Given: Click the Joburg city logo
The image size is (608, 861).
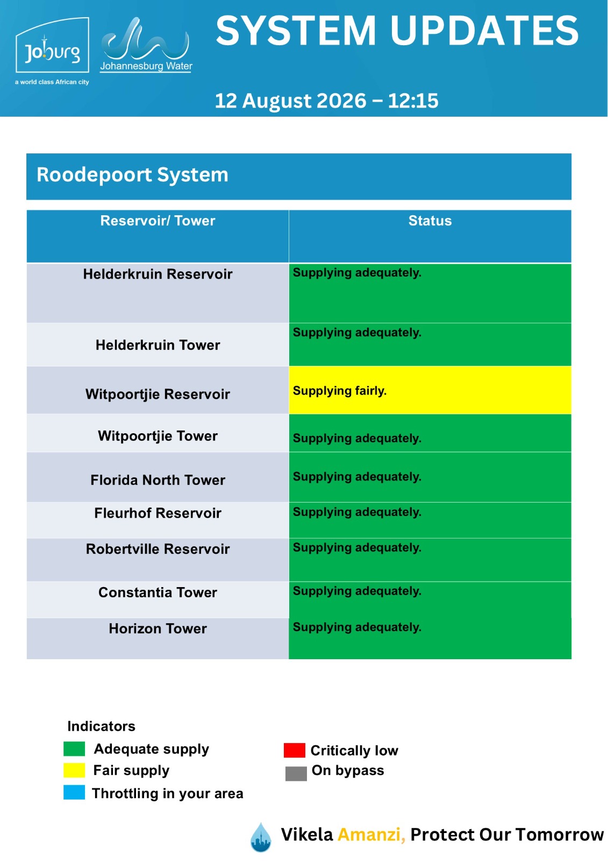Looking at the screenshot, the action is [52, 51].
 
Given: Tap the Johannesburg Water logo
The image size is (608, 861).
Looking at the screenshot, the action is [146, 45].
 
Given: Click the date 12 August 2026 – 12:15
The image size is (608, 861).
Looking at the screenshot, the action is [326, 101].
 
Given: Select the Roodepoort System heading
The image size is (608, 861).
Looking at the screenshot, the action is [132, 174].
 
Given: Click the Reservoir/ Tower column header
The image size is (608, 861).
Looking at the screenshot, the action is [158, 221].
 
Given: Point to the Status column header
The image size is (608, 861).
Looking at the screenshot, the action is [430, 221].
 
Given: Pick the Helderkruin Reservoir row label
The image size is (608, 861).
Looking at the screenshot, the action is [158, 274].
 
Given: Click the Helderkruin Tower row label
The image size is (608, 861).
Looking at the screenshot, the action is [158, 345].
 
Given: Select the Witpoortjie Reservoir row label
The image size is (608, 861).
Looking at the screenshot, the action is [158, 394].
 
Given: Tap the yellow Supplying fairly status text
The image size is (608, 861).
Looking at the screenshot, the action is [340, 391].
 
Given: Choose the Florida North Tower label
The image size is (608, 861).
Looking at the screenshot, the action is [158, 480].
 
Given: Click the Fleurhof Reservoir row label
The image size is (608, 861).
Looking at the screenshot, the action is [158, 513].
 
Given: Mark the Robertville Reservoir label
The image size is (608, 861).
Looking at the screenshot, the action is [158, 549].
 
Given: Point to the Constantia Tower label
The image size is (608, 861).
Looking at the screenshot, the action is [158, 592].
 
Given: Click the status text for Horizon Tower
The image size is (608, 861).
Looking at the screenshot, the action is [357, 627].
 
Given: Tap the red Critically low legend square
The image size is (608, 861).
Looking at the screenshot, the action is [294, 750].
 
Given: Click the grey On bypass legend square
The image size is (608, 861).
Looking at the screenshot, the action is [296, 774].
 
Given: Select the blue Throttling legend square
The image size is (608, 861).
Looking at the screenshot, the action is [74, 793].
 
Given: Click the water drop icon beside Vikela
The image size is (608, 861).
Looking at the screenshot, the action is [261, 837].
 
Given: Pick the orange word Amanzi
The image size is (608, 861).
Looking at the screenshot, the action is [371, 835].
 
